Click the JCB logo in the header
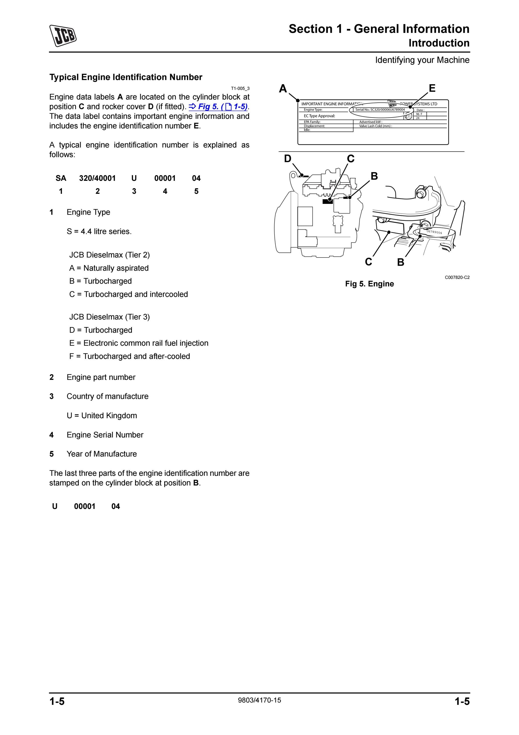(x=63, y=36)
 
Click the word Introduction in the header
(x=439, y=43)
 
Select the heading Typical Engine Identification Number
(x=126, y=77)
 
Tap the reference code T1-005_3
(x=240, y=88)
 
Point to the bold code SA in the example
(x=61, y=178)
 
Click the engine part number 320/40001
(x=97, y=178)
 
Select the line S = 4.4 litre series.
(x=99, y=232)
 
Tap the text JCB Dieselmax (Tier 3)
(x=109, y=317)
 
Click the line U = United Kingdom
(x=102, y=416)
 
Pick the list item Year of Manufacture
(x=102, y=454)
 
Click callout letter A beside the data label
(x=283, y=88)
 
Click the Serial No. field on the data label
(x=380, y=110)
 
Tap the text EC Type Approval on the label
(x=319, y=116)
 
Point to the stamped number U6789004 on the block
(x=434, y=232)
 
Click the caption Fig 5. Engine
(x=369, y=284)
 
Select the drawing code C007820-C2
(x=457, y=278)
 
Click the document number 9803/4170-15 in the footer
(x=259, y=700)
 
